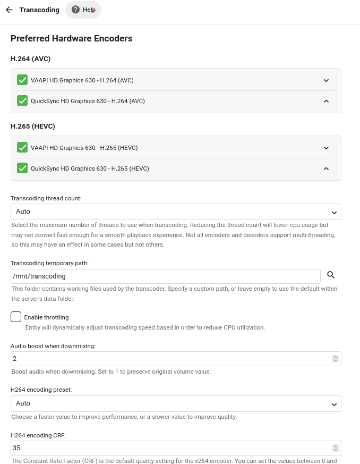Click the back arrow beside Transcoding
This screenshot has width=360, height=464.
[x=9, y=10]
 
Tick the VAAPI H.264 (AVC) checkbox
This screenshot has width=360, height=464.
[x=22, y=80]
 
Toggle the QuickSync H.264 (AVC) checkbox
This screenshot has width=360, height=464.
[x=22, y=100]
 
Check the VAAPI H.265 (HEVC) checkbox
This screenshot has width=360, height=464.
[x=22, y=148]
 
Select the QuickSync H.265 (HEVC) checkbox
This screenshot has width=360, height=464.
[x=22, y=168]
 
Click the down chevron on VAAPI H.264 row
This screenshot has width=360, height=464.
[x=326, y=80]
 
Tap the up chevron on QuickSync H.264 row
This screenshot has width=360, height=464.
[x=326, y=101]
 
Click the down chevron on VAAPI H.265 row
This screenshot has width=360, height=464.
[x=326, y=148]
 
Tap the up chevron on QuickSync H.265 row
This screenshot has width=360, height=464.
[x=326, y=168]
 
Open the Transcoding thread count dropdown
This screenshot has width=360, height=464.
[x=176, y=212]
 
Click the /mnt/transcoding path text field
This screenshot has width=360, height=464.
[x=165, y=276]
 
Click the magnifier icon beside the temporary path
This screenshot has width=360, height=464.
[x=331, y=275]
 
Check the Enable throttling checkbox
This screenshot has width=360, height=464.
[x=16, y=317]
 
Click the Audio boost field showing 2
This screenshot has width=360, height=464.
[x=170, y=359]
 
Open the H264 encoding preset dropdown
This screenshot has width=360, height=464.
[x=176, y=404]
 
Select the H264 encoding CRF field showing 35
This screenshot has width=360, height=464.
[x=170, y=448]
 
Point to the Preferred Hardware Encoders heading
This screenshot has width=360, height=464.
[x=72, y=38]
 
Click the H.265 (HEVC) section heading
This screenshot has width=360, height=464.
[x=33, y=126]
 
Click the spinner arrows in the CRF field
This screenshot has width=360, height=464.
[x=335, y=448]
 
